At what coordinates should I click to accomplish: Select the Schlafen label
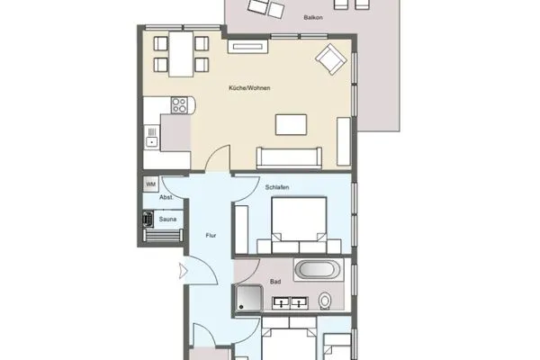pos(277,186)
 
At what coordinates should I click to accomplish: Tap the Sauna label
pos(167,218)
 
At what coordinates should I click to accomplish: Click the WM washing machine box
pos(150,184)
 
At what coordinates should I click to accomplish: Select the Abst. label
pos(166,197)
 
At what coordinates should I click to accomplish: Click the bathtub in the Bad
pos(318,269)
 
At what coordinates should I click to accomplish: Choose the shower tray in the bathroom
pos(249,299)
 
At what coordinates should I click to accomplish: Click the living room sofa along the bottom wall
pos(289,157)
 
